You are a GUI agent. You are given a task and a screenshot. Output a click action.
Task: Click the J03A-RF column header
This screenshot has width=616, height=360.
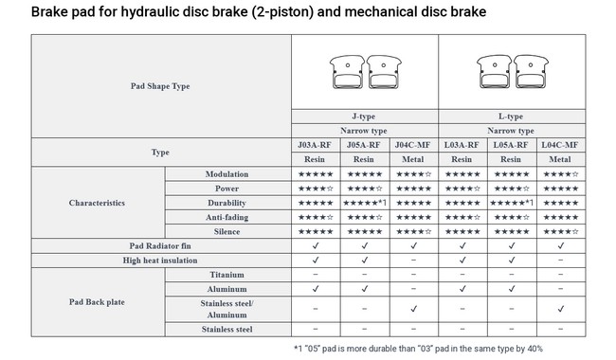[x=315, y=145]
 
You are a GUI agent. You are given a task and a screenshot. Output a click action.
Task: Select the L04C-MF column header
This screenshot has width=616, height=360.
[x=560, y=145]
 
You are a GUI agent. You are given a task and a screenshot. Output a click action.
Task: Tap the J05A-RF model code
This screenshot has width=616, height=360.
[x=363, y=145]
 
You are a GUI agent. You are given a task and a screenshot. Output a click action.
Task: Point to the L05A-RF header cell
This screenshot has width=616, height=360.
[x=511, y=145]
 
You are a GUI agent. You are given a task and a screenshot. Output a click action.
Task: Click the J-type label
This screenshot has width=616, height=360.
[x=363, y=117]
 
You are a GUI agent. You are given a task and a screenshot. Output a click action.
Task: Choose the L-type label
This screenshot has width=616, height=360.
[x=511, y=117]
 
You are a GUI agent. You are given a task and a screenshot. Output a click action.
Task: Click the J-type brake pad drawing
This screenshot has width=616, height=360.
[x=366, y=71]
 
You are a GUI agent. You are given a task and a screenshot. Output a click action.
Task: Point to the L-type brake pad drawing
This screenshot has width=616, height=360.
[x=513, y=71]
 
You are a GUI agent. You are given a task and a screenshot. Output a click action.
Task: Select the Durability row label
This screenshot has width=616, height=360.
[x=226, y=203]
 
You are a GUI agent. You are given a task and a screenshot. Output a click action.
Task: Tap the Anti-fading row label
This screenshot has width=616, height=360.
[x=226, y=217]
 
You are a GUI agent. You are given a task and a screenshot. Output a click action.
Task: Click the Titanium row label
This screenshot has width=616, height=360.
[x=226, y=275]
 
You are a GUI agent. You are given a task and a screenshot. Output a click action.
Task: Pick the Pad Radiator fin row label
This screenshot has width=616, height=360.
[x=160, y=245]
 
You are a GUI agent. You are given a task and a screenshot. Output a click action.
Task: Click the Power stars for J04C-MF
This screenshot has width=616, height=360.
[x=413, y=189]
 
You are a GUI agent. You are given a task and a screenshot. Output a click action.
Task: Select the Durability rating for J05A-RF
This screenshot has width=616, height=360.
[x=365, y=203]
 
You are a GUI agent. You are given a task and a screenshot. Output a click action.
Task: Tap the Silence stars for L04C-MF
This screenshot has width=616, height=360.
[x=561, y=231]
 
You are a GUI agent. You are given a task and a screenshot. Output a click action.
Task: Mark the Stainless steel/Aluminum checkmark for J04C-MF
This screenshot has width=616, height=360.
[x=413, y=309]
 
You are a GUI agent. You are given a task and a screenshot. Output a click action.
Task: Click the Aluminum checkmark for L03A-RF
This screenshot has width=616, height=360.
[x=462, y=289]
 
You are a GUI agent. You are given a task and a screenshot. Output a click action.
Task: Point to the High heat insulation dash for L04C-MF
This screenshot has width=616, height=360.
[x=560, y=261]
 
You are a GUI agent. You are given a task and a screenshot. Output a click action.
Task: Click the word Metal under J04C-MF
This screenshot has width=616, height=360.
[x=412, y=159]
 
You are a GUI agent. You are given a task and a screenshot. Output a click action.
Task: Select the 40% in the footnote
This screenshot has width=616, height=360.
[x=535, y=349]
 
